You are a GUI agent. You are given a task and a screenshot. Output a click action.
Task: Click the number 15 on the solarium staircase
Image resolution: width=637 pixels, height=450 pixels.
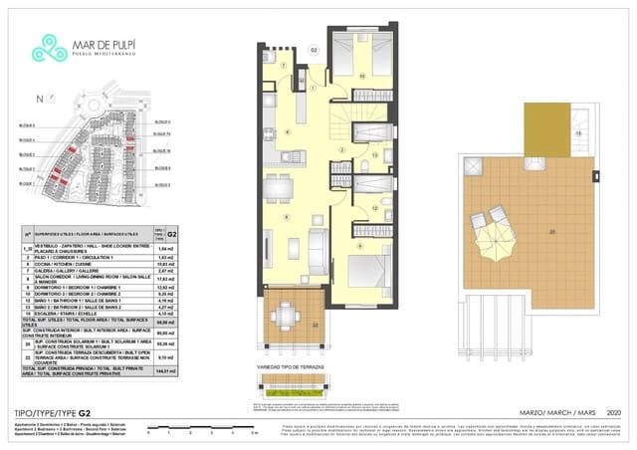pyautogui.click(x=576, y=133)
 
